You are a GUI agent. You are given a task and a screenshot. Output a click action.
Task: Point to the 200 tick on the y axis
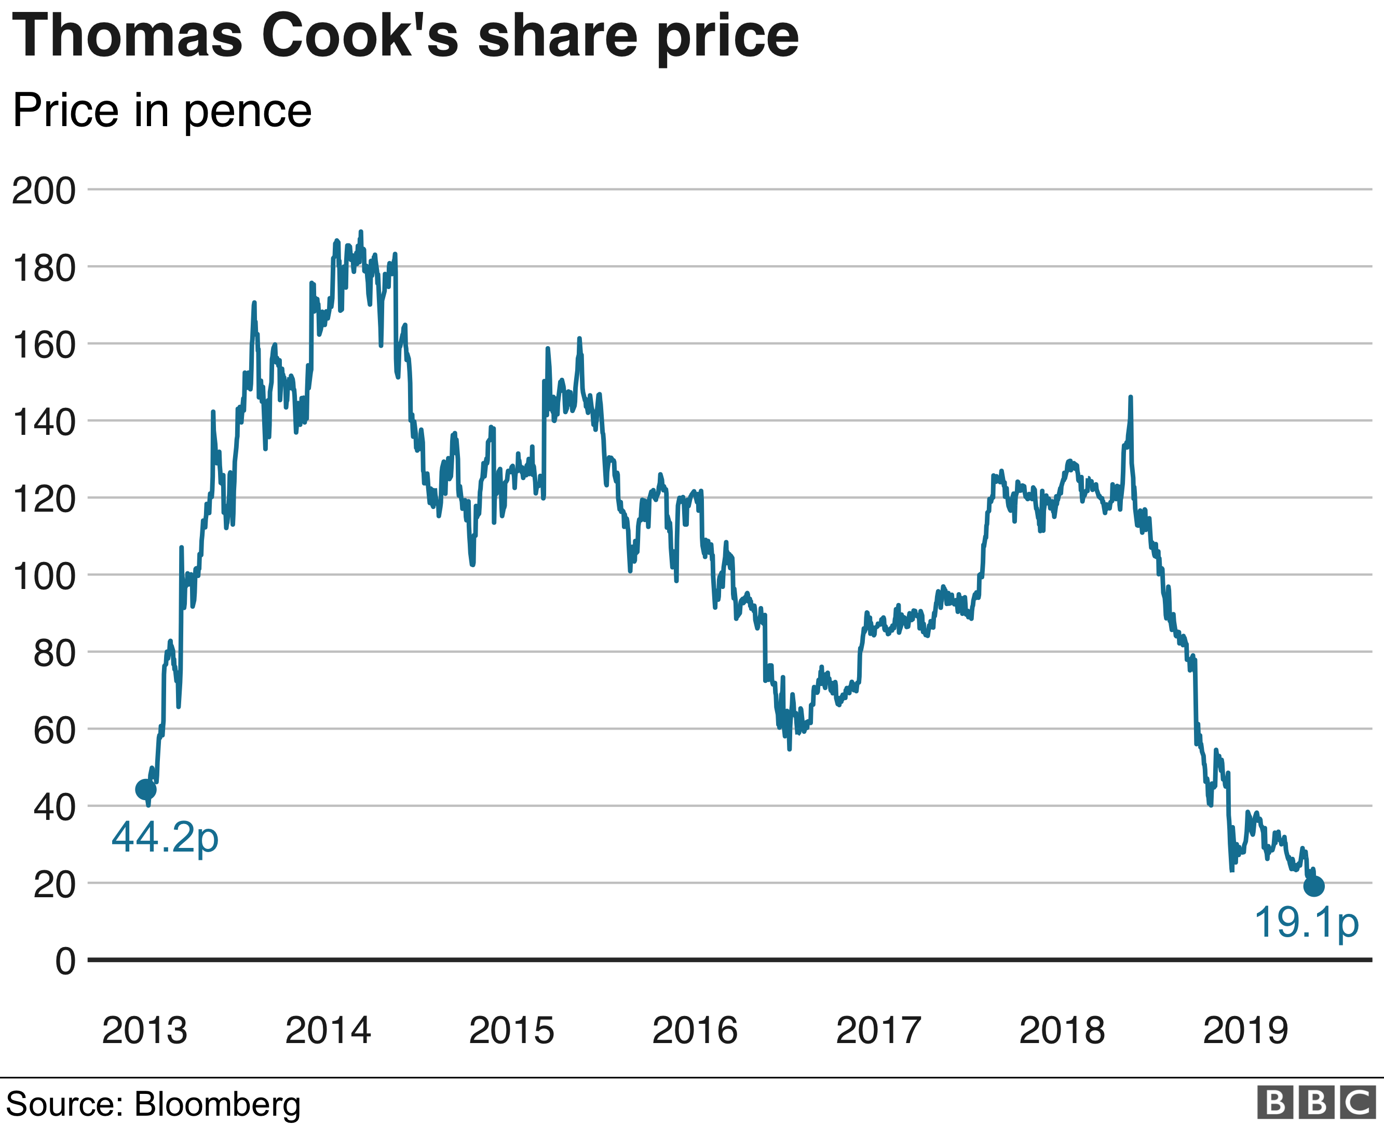44,191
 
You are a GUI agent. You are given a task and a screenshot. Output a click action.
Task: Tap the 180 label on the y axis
44,268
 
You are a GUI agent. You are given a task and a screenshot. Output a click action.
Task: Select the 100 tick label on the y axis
44,576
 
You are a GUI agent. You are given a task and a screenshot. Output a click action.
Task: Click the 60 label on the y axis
55,730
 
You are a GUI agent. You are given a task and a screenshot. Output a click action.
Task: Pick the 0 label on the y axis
65,962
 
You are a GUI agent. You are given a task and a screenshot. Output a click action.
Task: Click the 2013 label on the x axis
144,1030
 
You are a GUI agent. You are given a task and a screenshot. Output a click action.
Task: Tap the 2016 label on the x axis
695,1030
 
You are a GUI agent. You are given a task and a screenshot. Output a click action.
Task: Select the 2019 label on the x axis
1245,1030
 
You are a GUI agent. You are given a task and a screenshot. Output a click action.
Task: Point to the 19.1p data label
1306,922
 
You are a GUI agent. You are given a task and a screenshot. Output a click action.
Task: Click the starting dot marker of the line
146,789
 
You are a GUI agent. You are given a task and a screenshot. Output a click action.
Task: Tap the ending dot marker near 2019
1313,886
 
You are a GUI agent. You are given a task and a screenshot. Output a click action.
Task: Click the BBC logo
1316,1103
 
